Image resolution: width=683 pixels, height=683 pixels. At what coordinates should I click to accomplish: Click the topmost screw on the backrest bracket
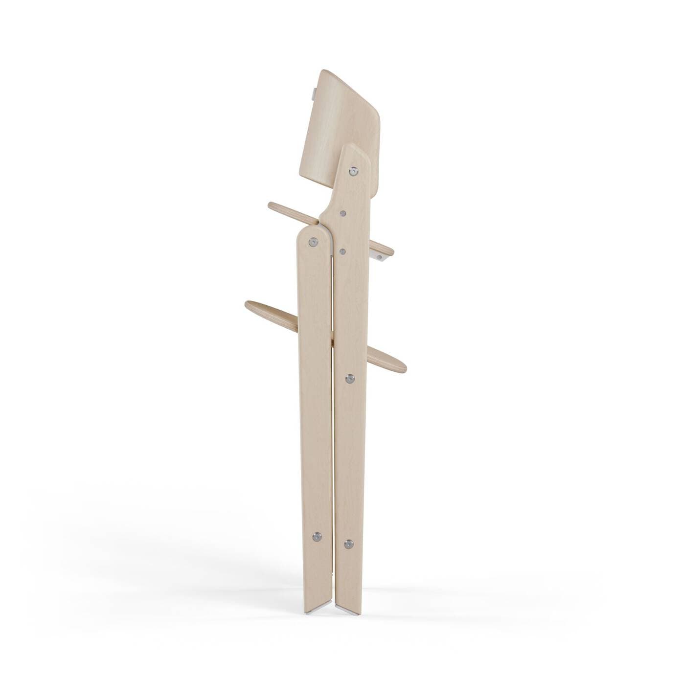tap(353, 171)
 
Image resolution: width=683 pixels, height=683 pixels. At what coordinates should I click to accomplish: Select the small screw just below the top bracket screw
tap(343, 213)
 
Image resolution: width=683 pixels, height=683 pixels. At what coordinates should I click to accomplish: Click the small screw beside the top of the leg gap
tap(342, 251)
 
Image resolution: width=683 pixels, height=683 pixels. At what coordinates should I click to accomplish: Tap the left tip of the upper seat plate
tap(271, 205)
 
